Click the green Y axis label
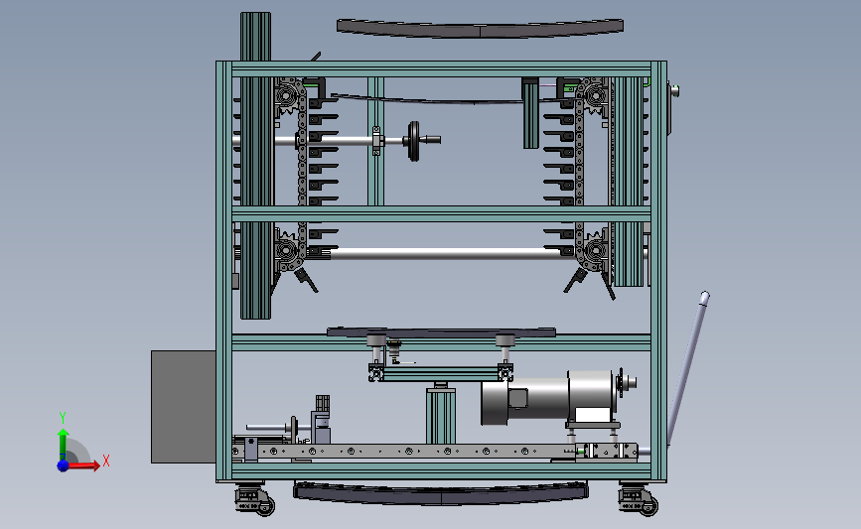pyautogui.click(x=63, y=418)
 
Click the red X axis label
pyautogui.click(x=106, y=461)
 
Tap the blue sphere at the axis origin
pyautogui.click(x=64, y=465)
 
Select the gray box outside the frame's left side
pyautogui.click(x=184, y=407)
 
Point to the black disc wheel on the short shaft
pyautogui.click(x=413, y=141)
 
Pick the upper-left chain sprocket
pyautogui.click(x=287, y=97)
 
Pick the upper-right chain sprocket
pyautogui.click(x=596, y=97)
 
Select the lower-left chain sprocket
pyautogui.click(x=287, y=251)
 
